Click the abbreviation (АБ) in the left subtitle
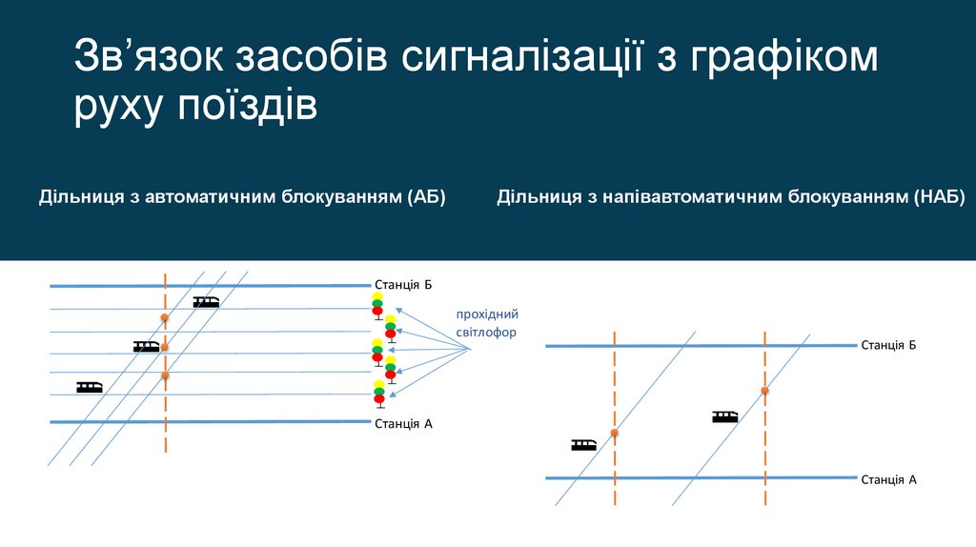pyautogui.click(x=426, y=197)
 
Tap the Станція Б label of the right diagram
pyautogui.click(x=888, y=344)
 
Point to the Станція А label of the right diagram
pyautogui.click(x=888, y=479)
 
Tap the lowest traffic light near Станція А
pyautogui.click(x=378, y=392)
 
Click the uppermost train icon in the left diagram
pyautogui.click(x=206, y=302)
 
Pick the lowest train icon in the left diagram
pyautogui.click(x=90, y=387)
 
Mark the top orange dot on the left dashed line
pyautogui.click(x=165, y=316)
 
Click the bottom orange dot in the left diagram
pyautogui.click(x=165, y=375)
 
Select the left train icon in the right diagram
pyautogui.click(x=584, y=444)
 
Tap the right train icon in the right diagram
pyautogui.click(x=724, y=415)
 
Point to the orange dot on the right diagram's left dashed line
pyautogui.click(x=615, y=433)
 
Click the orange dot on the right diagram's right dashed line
pyautogui.click(x=764, y=390)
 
